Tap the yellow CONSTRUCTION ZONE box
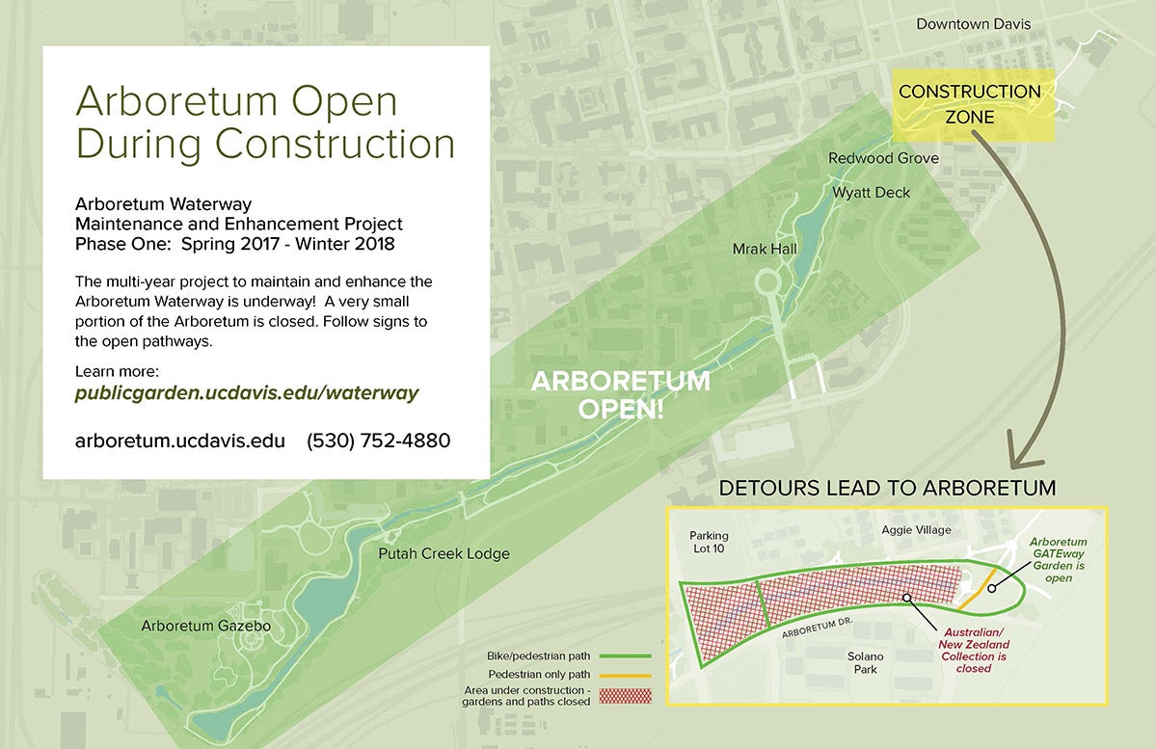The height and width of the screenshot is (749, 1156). pyautogui.click(x=969, y=104)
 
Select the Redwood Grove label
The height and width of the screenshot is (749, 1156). pyautogui.click(x=883, y=158)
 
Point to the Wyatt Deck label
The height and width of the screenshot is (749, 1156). pyautogui.click(x=872, y=193)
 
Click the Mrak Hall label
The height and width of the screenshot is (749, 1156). pyautogui.click(x=765, y=250)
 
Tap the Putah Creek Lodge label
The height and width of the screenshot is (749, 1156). pyautogui.click(x=444, y=554)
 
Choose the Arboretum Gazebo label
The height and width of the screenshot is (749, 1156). pyautogui.click(x=206, y=626)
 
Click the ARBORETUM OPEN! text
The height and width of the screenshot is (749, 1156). pyautogui.click(x=621, y=393)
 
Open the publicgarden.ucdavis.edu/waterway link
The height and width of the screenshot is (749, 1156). pyautogui.click(x=247, y=393)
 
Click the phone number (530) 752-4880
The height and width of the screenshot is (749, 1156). pyautogui.click(x=378, y=441)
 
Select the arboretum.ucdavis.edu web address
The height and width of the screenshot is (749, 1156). pyautogui.click(x=180, y=441)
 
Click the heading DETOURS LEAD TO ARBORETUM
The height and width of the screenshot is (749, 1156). pyautogui.click(x=887, y=488)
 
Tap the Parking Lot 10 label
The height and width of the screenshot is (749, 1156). pyautogui.click(x=709, y=543)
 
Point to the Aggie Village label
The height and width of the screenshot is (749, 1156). pyautogui.click(x=916, y=530)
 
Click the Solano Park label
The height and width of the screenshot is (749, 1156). pyautogui.click(x=865, y=663)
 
